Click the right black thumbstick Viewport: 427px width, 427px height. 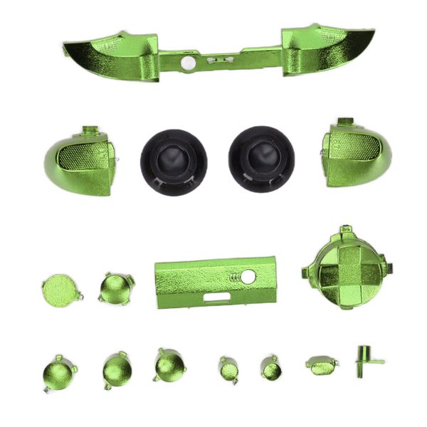point(262,159)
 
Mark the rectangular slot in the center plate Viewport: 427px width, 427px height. point(216,297)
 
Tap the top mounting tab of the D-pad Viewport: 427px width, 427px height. point(346,231)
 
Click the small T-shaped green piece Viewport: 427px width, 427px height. point(366,358)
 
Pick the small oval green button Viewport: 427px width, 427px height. point(322,365)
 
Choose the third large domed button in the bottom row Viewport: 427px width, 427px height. point(169,365)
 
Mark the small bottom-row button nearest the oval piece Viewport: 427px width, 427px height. point(270,368)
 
